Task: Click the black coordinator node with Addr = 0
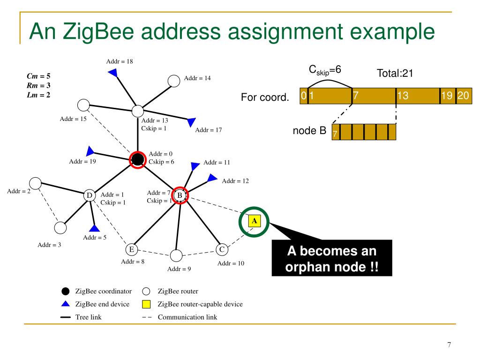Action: pyautogui.click(x=137, y=159)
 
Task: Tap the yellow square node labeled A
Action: pyautogui.click(x=254, y=220)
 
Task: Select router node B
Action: pyautogui.click(x=180, y=195)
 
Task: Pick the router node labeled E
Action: pyautogui.click(x=132, y=249)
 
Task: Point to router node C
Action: pyautogui.click(x=222, y=249)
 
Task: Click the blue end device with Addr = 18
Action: pyautogui.click(x=112, y=72)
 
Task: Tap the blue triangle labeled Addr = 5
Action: pyautogui.click(x=94, y=228)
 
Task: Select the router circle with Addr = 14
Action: pyautogui.click(x=174, y=81)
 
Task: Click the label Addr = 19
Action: pyautogui.click(x=82, y=162)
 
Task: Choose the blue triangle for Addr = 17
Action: pyautogui.click(x=191, y=122)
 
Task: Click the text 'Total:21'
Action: pyautogui.click(x=395, y=74)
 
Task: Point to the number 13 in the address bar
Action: pyautogui.click(x=403, y=96)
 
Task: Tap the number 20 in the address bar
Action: pyautogui.click(x=463, y=96)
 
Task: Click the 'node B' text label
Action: pyautogui.click(x=309, y=131)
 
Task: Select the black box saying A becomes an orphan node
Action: pyautogui.click(x=331, y=260)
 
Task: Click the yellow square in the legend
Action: pyautogui.click(x=146, y=304)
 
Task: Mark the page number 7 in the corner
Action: pyautogui.click(x=449, y=345)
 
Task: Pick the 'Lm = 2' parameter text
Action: pyautogui.click(x=38, y=94)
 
